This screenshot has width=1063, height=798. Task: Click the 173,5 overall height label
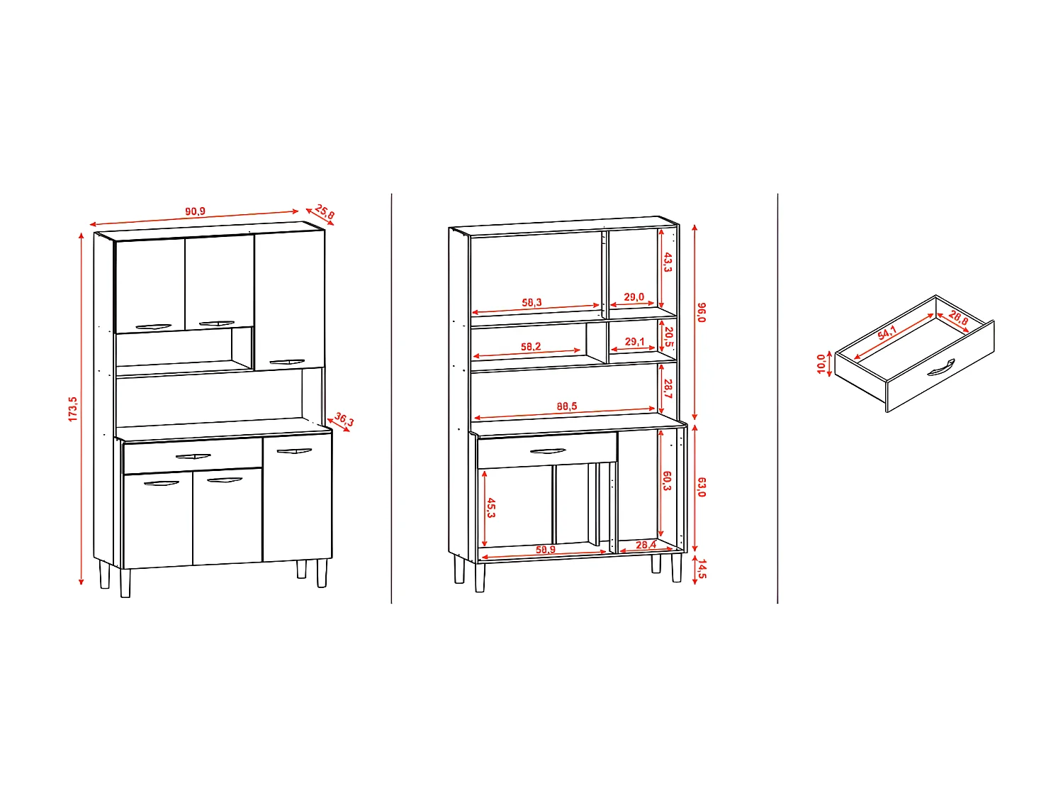click(73, 409)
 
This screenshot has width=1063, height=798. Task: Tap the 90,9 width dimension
click(195, 211)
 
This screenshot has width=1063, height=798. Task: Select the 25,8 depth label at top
click(325, 211)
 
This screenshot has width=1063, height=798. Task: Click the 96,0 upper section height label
click(702, 312)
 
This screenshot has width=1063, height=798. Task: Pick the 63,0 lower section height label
click(702, 487)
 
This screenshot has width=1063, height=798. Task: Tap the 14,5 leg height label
click(702, 569)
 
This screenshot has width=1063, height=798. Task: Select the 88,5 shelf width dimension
click(566, 406)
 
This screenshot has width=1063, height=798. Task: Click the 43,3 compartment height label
click(667, 262)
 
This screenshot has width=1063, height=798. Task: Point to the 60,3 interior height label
click(667, 481)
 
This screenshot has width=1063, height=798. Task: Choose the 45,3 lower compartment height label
click(491, 507)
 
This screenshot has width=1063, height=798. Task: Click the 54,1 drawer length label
click(887, 333)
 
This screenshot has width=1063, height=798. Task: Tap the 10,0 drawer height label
click(821, 364)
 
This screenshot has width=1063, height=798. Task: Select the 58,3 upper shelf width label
click(531, 303)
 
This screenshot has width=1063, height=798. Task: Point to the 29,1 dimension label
click(634, 342)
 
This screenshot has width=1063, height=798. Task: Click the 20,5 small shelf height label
click(668, 336)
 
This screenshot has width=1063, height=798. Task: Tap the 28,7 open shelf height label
click(668, 388)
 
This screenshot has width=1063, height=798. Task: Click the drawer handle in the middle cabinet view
click(547, 451)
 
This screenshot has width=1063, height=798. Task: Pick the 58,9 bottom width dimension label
click(545, 550)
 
